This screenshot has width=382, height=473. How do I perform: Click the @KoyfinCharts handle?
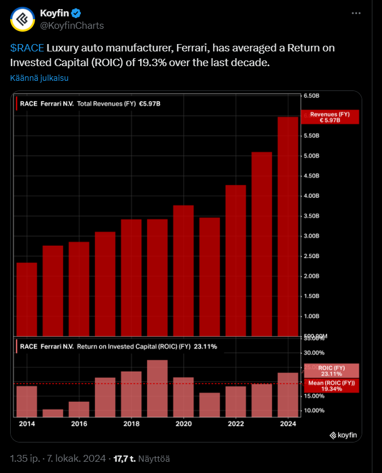(x=72, y=26)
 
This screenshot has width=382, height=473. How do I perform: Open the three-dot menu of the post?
(x=355, y=13)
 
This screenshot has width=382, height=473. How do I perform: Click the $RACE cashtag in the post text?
(x=27, y=48)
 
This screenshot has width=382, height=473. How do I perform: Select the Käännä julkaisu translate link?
(x=39, y=77)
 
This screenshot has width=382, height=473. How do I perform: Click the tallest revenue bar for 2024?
(x=288, y=226)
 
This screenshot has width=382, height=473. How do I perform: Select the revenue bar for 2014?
(x=27, y=300)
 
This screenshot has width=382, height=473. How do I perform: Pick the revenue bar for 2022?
(x=236, y=260)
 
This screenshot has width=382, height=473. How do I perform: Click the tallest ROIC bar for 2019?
(x=157, y=388)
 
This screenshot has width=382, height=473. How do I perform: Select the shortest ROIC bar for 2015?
(x=53, y=413)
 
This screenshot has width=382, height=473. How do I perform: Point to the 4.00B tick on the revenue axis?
(x=312, y=196)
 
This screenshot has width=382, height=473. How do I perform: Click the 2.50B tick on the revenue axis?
(x=312, y=256)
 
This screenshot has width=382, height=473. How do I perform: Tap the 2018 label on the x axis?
(x=131, y=424)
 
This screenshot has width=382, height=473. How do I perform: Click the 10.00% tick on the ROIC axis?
(x=314, y=410)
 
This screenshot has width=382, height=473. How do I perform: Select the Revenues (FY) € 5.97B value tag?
(x=331, y=117)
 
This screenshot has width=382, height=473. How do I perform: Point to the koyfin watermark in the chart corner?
(x=344, y=435)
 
